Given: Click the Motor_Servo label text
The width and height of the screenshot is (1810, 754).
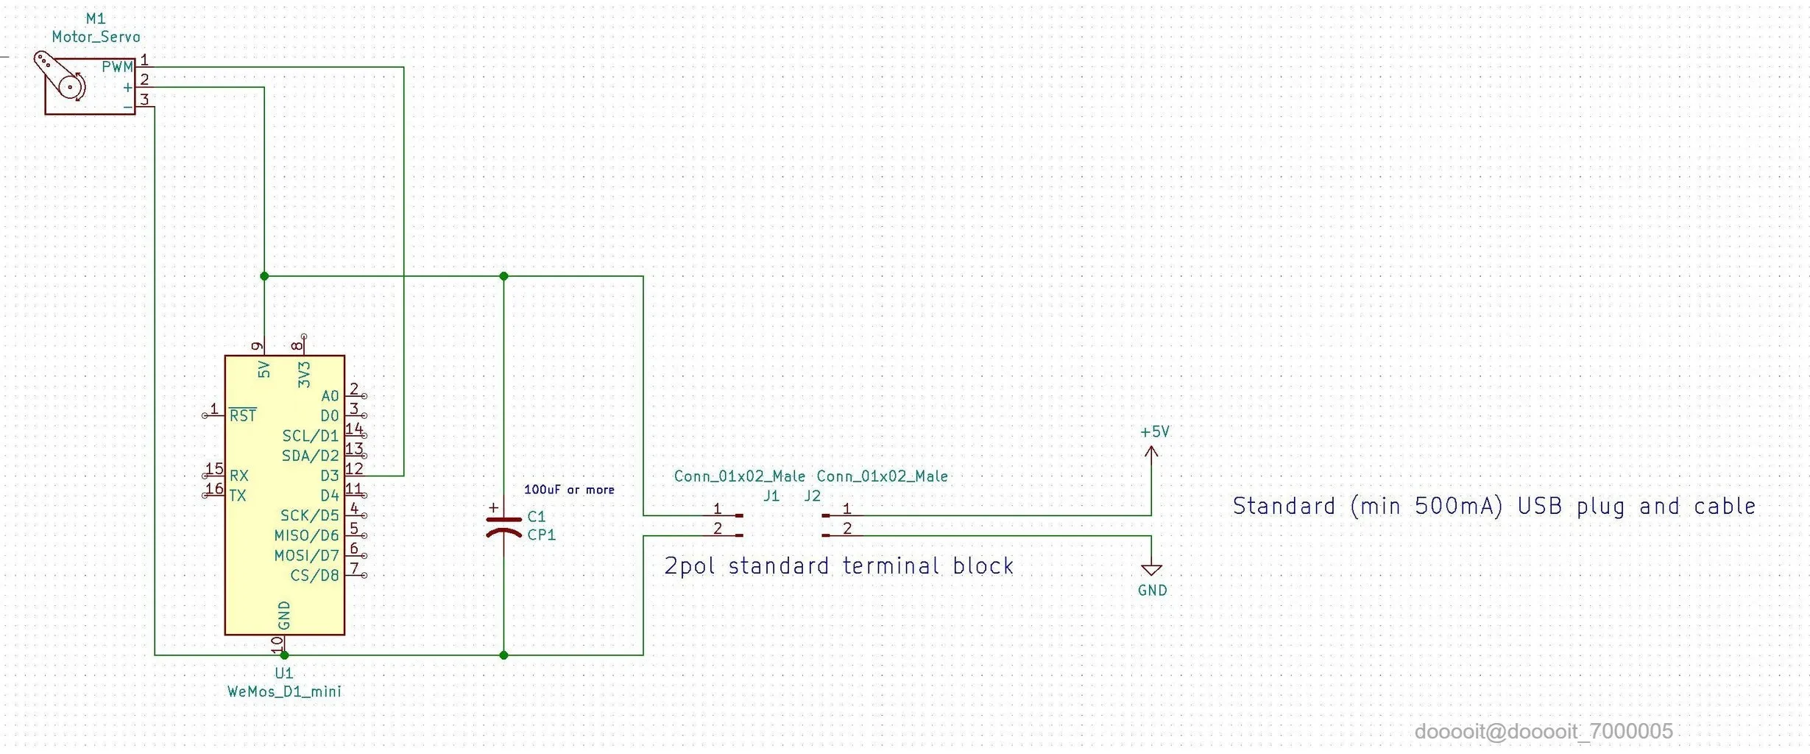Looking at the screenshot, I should tap(96, 37).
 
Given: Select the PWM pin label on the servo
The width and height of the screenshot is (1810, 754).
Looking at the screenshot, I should tap(117, 67).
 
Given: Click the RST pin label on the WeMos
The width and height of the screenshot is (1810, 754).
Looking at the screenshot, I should tap(243, 416).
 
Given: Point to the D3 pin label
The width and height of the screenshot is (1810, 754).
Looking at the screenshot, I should tap(329, 476).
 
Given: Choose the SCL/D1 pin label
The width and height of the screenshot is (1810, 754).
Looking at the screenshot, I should tap(310, 436).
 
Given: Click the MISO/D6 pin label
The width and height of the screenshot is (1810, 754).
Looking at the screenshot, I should tap(306, 535).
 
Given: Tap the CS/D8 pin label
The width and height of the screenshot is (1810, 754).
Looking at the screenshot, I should tap(314, 575).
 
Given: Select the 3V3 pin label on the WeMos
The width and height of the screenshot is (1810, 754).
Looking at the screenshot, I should tap(304, 374).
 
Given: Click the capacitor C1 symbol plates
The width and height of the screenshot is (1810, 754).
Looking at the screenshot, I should tap(503, 526).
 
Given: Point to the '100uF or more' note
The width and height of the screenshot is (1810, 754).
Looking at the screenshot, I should tap(569, 490).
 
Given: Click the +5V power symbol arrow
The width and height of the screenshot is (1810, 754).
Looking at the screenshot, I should tap(1151, 453).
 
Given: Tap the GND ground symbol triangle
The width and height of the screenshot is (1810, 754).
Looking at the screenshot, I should tap(1151, 569).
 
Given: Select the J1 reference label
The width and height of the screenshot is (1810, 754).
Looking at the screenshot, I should tap(771, 496).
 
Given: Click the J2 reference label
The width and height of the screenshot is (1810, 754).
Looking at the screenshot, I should tap(812, 496).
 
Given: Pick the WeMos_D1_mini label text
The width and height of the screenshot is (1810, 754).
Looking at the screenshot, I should tap(284, 691).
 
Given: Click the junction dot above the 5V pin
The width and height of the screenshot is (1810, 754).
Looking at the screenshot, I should tap(264, 276).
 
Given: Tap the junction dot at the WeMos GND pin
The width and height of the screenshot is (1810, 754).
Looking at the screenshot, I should tap(284, 655).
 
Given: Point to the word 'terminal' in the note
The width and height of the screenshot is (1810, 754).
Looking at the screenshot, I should tap(891, 565).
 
